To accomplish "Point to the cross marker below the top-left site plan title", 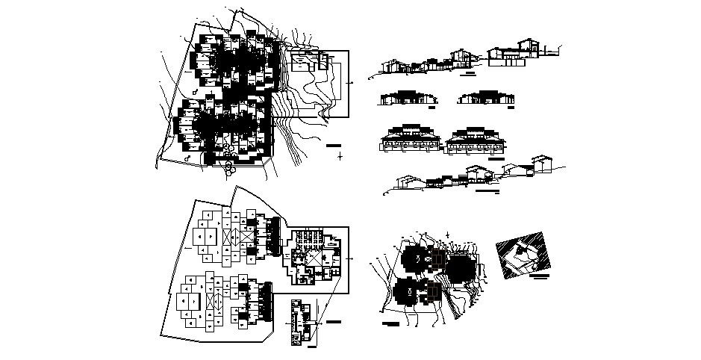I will [340, 156].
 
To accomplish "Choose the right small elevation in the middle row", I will [483, 98].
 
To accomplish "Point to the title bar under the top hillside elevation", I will [469, 75].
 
